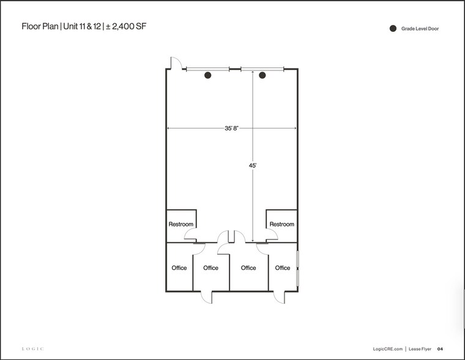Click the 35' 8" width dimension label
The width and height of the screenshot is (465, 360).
[x=231, y=128]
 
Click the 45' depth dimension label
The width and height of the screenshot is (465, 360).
[x=252, y=165]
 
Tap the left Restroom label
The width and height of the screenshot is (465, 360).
[x=180, y=224]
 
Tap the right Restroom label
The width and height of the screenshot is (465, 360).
[x=281, y=224]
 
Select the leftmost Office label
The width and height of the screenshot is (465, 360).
[x=179, y=268]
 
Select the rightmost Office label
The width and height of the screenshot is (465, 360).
[x=282, y=268]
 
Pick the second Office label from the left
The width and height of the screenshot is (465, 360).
[x=210, y=268]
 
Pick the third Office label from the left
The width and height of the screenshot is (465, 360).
[x=248, y=268]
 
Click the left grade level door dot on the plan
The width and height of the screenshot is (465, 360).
[x=207, y=75]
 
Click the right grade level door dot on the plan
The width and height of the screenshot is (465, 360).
[x=262, y=75]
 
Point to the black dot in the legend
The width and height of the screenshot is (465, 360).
[x=392, y=28]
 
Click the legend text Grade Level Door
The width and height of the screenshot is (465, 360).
[x=420, y=28]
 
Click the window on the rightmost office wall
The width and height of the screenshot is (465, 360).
[x=297, y=268]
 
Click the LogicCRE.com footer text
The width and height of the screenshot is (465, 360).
[x=387, y=349]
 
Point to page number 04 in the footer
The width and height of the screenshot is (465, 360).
[x=440, y=349]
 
